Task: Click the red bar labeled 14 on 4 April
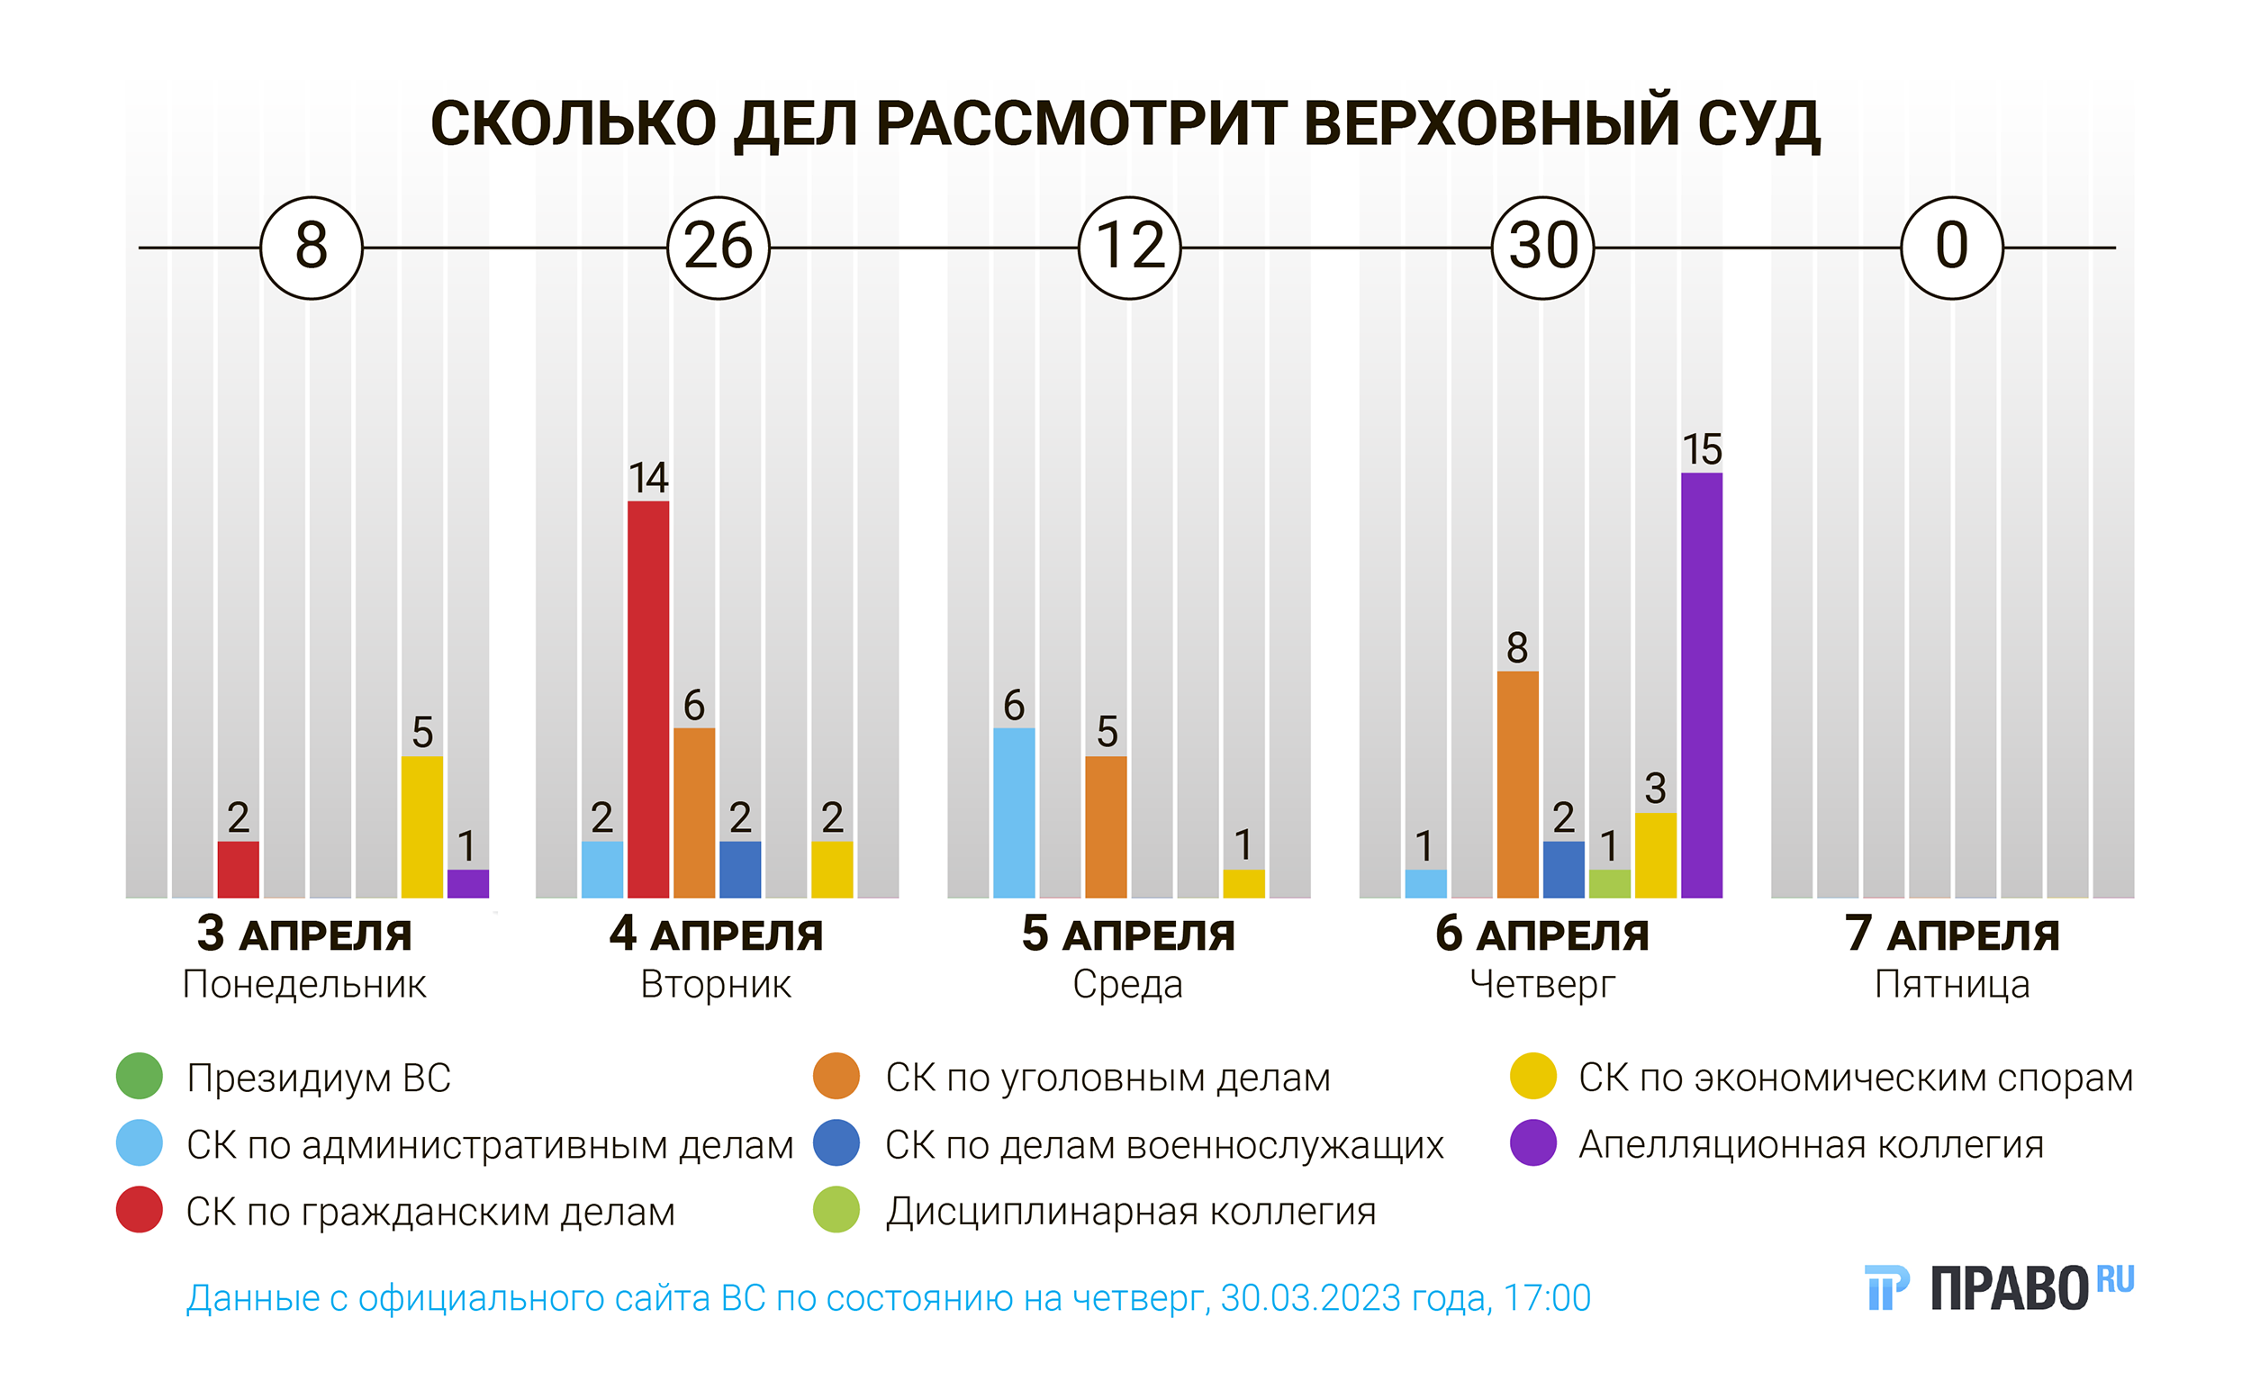click(x=648, y=699)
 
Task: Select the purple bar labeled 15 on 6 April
click(x=1701, y=685)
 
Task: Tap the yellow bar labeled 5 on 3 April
click(x=422, y=826)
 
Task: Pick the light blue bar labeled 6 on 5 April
click(x=1014, y=813)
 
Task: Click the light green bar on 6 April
click(x=1609, y=883)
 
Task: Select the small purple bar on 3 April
click(x=468, y=883)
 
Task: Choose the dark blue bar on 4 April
click(x=740, y=869)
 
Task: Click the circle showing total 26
click(x=719, y=248)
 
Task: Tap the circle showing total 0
click(x=1952, y=248)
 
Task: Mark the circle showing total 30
click(x=1543, y=248)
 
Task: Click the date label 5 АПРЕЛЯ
click(x=1128, y=935)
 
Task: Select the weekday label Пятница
click(x=1952, y=985)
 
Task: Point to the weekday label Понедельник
click(x=304, y=985)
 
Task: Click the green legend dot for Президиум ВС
click(x=140, y=1077)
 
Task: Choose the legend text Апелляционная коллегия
click(x=1811, y=1144)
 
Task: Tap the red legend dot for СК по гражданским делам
click(x=140, y=1211)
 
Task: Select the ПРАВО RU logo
click(x=1999, y=1287)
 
